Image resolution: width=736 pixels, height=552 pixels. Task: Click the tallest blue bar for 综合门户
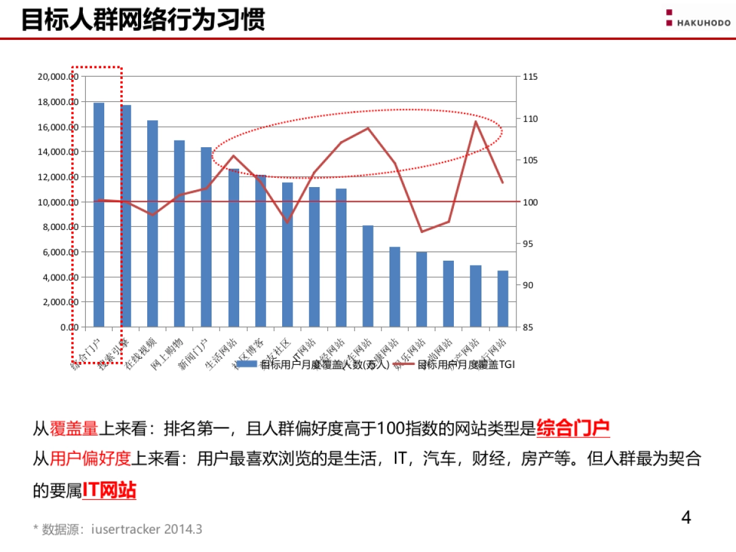(99, 215)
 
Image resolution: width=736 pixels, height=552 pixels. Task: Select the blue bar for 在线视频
(152, 224)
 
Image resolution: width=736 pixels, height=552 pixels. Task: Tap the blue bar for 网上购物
(179, 233)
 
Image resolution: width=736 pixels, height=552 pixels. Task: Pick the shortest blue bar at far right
(503, 299)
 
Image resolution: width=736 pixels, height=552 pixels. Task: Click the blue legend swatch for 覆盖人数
(247, 365)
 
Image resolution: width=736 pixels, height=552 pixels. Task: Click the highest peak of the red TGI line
(475, 121)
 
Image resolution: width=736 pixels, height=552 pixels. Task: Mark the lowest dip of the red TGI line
(421, 232)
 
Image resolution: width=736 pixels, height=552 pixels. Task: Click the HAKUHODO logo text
(703, 23)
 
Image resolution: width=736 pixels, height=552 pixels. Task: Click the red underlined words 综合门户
(573, 428)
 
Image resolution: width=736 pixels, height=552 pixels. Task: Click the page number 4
(686, 518)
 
